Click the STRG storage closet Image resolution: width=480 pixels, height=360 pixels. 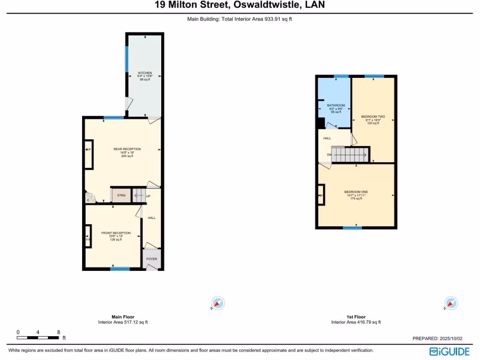click(x=121, y=195)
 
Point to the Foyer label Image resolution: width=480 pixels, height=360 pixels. click(x=151, y=259)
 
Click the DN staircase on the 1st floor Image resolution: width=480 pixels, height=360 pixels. click(x=349, y=154)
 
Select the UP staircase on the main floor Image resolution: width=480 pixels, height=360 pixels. click(x=139, y=195)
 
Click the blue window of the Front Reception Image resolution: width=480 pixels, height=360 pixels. click(x=120, y=269)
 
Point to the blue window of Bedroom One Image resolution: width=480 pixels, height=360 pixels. click(x=352, y=228)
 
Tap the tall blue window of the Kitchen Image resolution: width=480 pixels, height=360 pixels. click(x=127, y=59)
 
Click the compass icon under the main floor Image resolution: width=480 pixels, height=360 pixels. click(x=218, y=303)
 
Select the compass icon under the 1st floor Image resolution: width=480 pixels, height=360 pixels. click(x=450, y=303)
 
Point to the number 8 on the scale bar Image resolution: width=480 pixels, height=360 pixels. click(x=59, y=332)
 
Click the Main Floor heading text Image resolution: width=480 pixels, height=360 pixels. click(x=123, y=317)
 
